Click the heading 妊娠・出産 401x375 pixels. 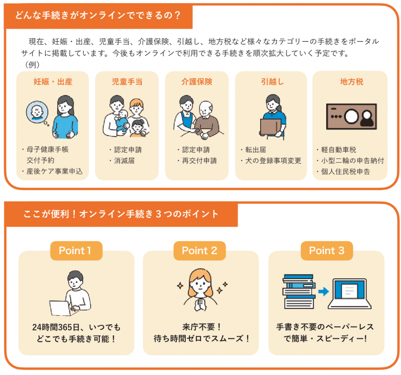click(x=53, y=82)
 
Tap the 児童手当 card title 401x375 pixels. click(x=127, y=82)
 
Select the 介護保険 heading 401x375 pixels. click(x=196, y=82)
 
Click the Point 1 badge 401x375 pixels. click(x=75, y=251)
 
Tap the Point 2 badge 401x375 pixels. click(x=200, y=251)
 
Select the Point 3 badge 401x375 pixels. click(x=327, y=251)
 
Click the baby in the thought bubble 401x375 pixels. click(x=36, y=112)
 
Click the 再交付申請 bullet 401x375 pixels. click(x=199, y=161)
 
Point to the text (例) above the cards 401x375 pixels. click(x=32, y=64)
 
